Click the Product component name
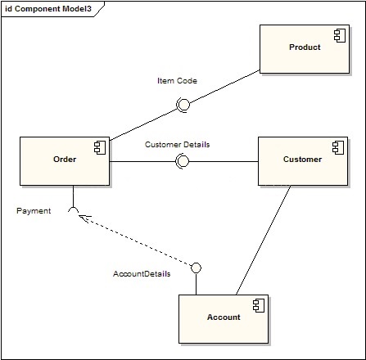305,47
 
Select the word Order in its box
65,160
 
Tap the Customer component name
302,160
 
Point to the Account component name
224,317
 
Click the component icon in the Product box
340,36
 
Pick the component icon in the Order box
100,148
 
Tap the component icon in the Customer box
338,148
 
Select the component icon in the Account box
259,306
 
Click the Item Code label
177,81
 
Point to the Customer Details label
178,145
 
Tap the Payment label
34,211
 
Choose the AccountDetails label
142,274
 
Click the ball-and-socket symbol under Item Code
183,105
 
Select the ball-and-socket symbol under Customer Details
183,161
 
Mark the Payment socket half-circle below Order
73,208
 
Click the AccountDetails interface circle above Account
196,268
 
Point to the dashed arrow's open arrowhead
83,218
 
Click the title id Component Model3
48,9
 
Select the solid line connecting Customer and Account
263,241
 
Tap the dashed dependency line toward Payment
135,240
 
